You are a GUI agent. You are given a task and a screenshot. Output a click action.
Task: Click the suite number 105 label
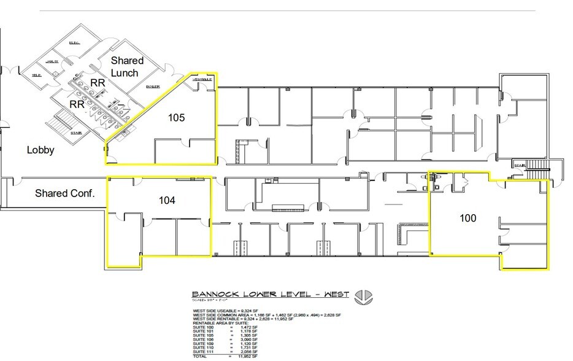coord(177,117)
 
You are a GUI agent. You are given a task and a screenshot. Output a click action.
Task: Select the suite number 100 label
coord(467,218)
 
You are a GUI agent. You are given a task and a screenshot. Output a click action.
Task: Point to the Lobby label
coord(40,150)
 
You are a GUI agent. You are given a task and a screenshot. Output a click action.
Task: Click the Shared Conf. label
coord(64,193)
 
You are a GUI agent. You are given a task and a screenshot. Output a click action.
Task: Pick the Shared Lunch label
coord(127,66)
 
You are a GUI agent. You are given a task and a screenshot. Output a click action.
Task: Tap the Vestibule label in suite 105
coord(203,80)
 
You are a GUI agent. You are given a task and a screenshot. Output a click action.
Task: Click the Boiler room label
coord(153,87)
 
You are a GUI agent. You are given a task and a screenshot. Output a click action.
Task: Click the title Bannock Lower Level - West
coord(271,294)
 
